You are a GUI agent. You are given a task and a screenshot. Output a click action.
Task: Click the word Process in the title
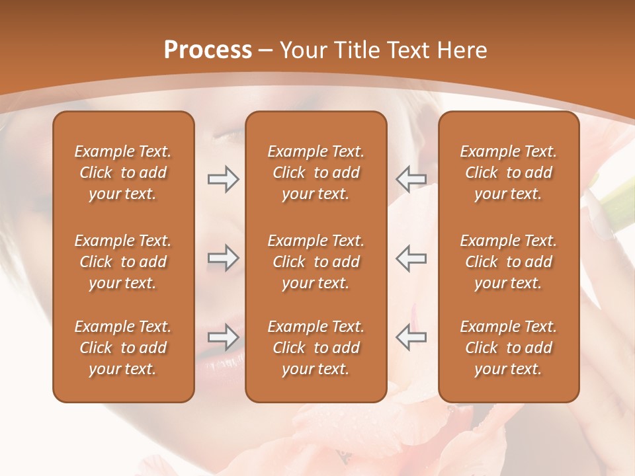(x=208, y=50)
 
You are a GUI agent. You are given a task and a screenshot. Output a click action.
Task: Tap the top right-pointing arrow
(x=223, y=179)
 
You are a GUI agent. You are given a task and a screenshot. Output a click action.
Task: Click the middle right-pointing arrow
(x=223, y=258)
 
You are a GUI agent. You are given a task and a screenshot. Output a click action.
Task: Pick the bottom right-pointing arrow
(x=223, y=337)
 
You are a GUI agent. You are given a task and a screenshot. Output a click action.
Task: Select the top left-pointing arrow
(x=411, y=179)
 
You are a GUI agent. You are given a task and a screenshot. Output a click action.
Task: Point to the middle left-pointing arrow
(x=411, y=258)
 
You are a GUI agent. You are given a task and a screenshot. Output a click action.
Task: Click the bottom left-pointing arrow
(x=411, y=337)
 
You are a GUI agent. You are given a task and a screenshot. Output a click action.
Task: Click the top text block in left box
(x=123, y=173)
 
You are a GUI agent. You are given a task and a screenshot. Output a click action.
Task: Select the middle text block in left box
(x=123, y=262)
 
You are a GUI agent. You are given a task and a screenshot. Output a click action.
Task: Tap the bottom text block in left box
(x=123, y=348)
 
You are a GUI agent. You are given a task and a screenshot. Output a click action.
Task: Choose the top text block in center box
(x=316, y=173)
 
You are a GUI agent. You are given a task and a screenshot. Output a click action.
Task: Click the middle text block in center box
(x=316, y=262)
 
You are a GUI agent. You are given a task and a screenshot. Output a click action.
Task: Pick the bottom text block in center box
(x=316, y=348)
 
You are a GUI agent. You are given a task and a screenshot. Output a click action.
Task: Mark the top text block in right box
(x=508, y=173)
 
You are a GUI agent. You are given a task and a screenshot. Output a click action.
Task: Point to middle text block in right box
(x=508, y=262)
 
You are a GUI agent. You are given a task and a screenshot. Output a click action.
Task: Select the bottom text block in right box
(x=508, y=348)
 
